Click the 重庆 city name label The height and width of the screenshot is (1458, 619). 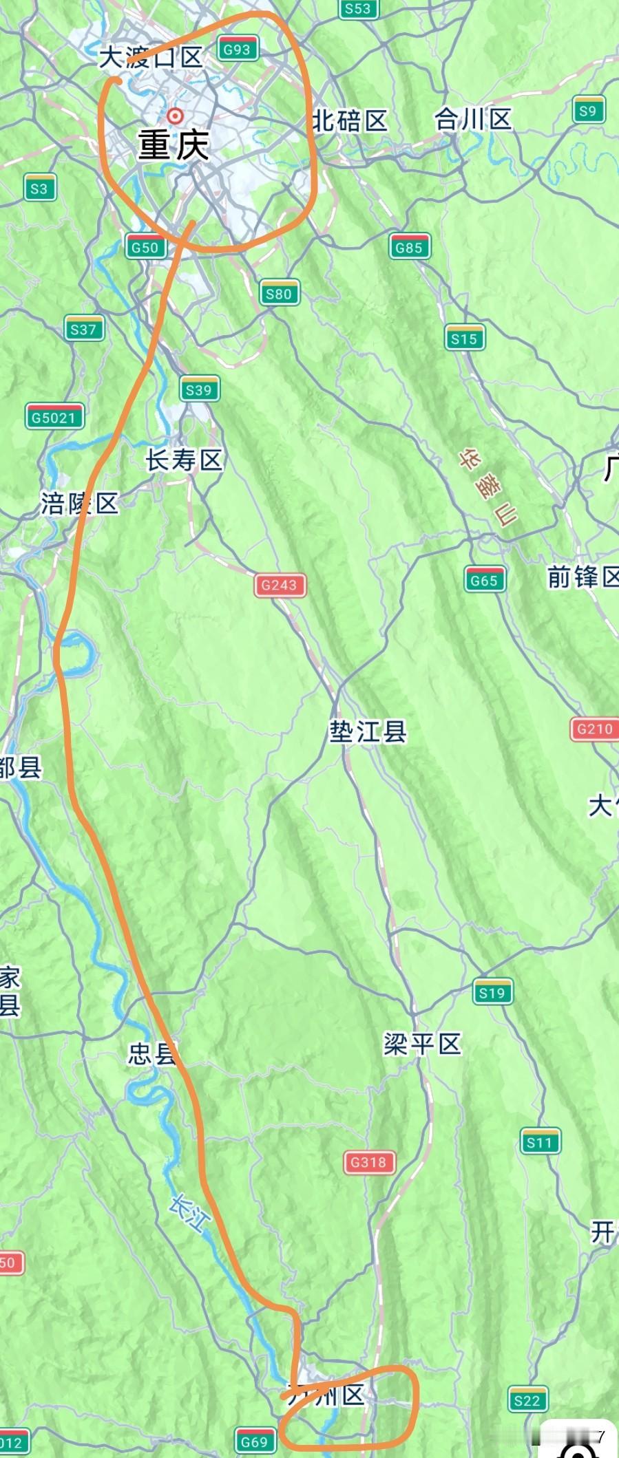tap(174, 144)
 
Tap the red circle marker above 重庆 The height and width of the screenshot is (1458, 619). tap(176, 115)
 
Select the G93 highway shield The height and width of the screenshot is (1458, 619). tap(237, 50)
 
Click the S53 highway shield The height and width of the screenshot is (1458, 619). tap(357, 9)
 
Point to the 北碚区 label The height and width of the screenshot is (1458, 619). tap(350, 121)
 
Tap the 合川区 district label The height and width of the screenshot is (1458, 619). tap(472, 119)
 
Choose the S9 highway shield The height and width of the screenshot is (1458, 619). tap(587, 111)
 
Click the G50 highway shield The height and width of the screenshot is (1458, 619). tap(145, 247)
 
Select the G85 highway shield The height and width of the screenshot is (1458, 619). tap(408, 247)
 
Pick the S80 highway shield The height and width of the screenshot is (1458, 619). tap(279, 294)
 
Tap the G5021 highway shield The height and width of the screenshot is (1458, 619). tap(54, 417)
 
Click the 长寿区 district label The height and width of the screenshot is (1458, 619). tap(184, 460)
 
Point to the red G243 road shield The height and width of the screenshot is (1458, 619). tap(279, 585)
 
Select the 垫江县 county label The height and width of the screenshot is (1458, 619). tap(368, 731)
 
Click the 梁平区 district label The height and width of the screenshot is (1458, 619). tap(422, 1044)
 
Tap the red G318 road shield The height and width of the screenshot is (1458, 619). tap(369, 1162)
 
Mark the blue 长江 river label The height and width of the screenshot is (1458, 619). tap(189, 1214)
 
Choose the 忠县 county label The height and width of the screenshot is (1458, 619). tap(151, 1053)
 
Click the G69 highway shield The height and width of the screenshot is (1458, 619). tap(254, 1441)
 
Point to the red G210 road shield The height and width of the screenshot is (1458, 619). tap(594, 729)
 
